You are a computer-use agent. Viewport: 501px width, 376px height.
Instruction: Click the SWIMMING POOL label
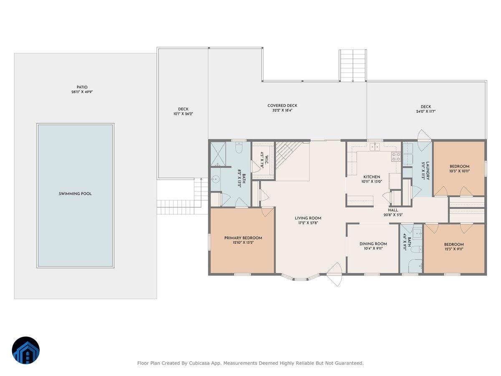click(x=75, y=194)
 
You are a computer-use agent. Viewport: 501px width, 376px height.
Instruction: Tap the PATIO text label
click(x=82, y=87)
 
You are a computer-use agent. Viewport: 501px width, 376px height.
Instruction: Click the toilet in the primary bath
click(x=239, y=148)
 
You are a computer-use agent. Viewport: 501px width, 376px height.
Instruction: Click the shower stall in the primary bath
click(x=218, y=153)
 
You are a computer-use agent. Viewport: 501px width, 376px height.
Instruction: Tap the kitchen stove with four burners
click(x=395, y=157)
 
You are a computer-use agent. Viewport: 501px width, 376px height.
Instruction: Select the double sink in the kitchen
click(x=375, y=147)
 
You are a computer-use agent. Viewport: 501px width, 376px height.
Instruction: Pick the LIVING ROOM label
click(x=308, y=218)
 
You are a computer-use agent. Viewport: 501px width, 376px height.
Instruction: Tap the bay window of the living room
click(x=301, y=277)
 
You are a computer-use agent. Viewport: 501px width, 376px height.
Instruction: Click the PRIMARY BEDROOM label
click(x=243, y=238)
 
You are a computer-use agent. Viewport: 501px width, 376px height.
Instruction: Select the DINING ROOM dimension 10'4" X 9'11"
click(x=373, y=249)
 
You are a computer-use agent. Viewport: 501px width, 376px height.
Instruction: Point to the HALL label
click(x=393, y=210)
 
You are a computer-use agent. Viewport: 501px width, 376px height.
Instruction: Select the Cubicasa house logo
click(x=26, y=350)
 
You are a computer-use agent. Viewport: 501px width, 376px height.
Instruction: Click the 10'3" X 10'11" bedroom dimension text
click(x=459, y=171)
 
